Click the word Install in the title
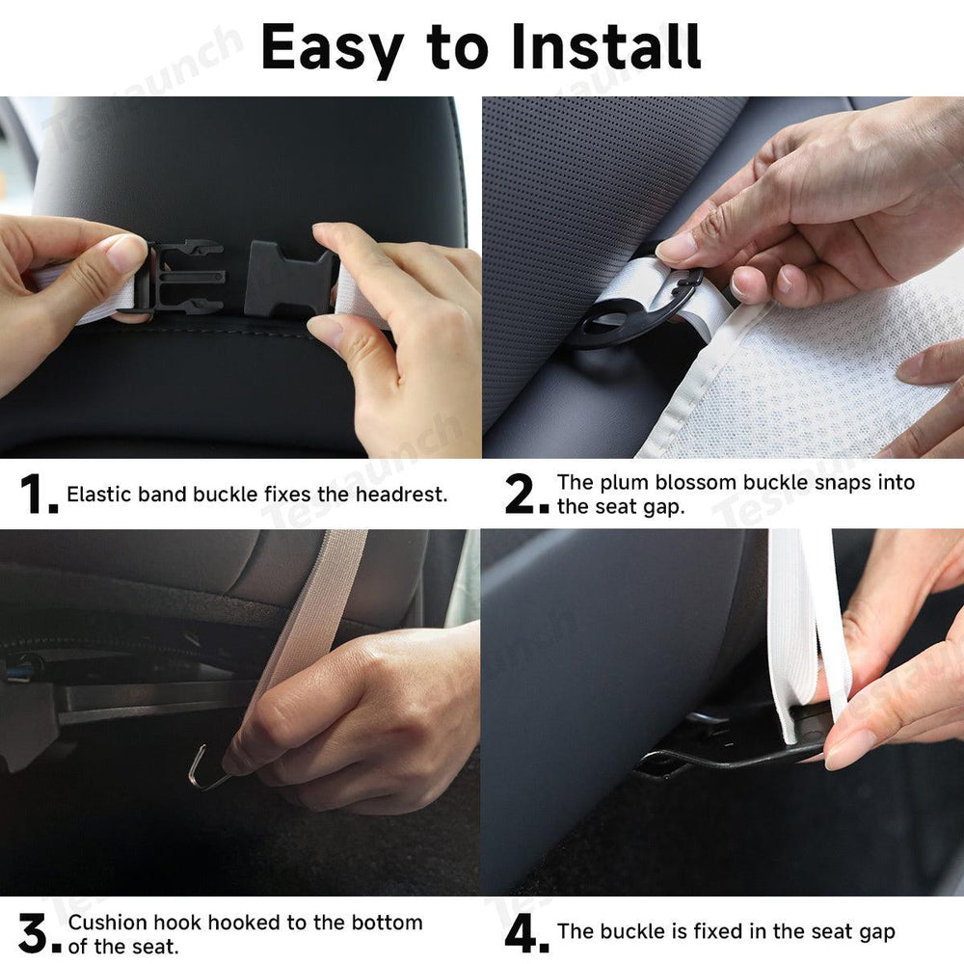pos(605,46)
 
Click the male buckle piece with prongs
pos(188,278)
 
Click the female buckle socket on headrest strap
pos(289,280)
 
